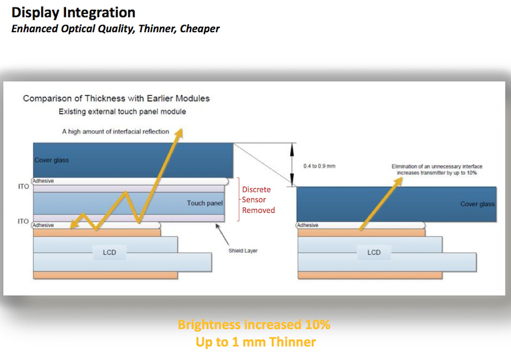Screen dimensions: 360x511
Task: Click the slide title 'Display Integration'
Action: coord(74,12)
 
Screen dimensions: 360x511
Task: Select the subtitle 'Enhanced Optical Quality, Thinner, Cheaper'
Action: coord(115,29)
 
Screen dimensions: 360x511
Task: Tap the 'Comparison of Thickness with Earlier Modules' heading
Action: coord(116,98)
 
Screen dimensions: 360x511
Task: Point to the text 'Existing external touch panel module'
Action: coord(122,111)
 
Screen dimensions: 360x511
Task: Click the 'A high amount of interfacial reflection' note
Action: coord(115,131)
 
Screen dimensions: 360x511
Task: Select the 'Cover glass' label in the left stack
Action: coord(52,160)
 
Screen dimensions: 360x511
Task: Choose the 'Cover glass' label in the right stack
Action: coord(477,204)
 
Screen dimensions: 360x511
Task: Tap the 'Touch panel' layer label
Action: coord(205,203)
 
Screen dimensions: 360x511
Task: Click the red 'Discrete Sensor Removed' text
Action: coord(258,199)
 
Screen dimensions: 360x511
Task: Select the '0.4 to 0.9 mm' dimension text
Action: coord(319,166)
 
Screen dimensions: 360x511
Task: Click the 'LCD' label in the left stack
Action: coord(109,252)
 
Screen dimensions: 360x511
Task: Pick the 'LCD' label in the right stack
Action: coord(374,252)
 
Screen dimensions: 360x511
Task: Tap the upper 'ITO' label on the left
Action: coord(23,187)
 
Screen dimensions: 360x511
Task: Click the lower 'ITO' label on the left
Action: coord(23,222)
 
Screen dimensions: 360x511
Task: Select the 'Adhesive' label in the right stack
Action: coord(308,225)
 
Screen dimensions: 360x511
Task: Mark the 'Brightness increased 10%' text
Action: coord(254,325)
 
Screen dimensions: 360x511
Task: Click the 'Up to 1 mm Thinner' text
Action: coord(255,342)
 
